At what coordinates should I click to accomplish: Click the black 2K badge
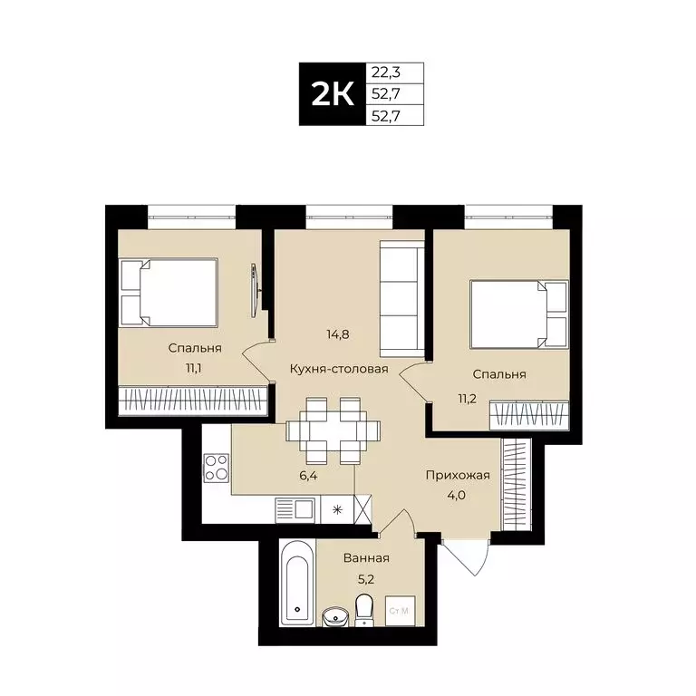coord(332,94)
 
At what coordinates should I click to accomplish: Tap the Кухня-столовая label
coord(339,369)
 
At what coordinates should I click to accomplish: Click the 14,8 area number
coord(338,333)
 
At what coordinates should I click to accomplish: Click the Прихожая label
coord(458,474)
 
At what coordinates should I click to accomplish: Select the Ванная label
coord(366,558)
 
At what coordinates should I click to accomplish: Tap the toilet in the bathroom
coord(364,610)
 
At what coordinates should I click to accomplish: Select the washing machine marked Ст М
coord(398,611)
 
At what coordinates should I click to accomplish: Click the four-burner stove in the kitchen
coord(216,468)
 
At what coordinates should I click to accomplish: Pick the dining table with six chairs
coord(326,429)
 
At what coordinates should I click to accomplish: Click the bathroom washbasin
coord(335,617)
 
